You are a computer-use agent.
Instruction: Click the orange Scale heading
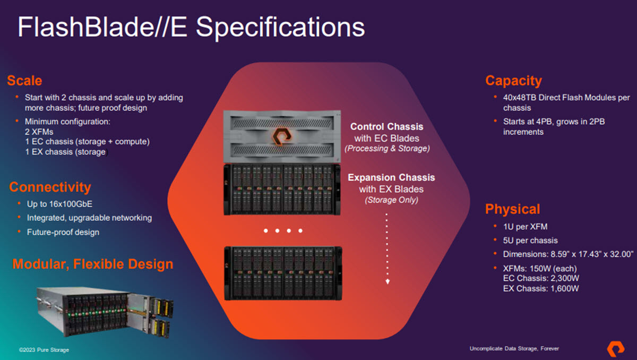24,81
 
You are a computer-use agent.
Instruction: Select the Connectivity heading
50,187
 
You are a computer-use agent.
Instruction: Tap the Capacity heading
513,81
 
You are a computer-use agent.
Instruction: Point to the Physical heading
512,209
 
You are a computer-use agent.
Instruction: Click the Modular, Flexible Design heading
93,264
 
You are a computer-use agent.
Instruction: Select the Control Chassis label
386,127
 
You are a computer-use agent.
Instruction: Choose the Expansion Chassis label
391,177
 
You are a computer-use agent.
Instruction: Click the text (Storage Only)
391,200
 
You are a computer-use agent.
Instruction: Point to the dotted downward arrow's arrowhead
388,281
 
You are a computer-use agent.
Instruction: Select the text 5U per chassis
530,240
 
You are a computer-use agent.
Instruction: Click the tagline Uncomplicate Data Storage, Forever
514,349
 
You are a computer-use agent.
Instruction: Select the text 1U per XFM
526,227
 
